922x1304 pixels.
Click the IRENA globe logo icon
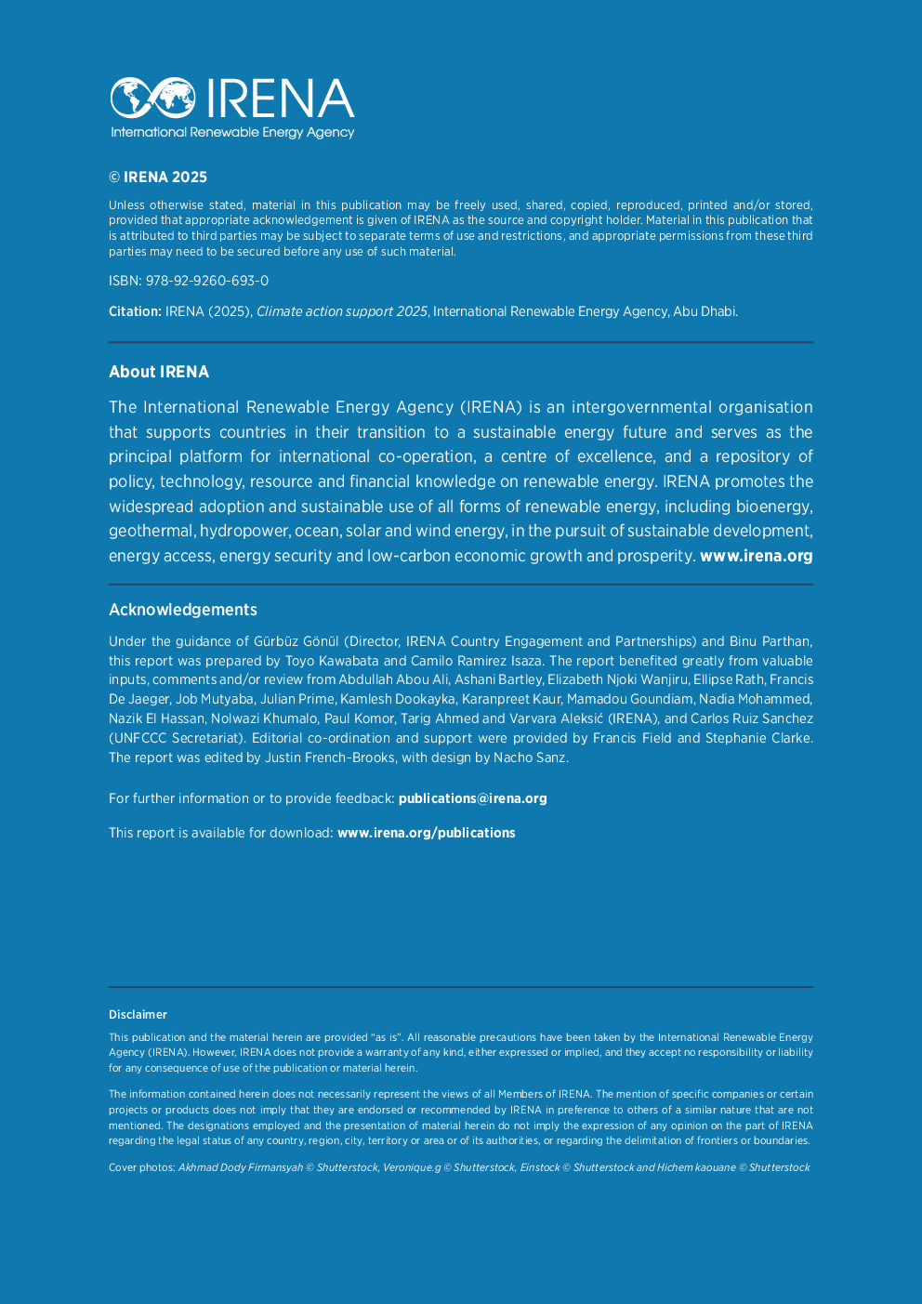[x=153, y=98]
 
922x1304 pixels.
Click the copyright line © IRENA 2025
[x=158, y=178]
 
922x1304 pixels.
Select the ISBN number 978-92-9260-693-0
[x=207, y=281]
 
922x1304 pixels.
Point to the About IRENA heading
[x=159, y=372]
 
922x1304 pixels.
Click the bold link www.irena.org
[x=756, y=556]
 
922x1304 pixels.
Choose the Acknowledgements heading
[x=183, y=610]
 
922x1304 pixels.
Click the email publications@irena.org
[x=472, y=798]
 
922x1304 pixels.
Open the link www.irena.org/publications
[x=426, y=833]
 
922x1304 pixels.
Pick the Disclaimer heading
[x=138, y=1015]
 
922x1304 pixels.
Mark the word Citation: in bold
[x=135, y=311]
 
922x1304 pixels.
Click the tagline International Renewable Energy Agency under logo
[x=232, y=132]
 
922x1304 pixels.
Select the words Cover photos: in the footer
[x=141, y=1167]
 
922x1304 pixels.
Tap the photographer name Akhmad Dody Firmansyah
[x=240, y=1167]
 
